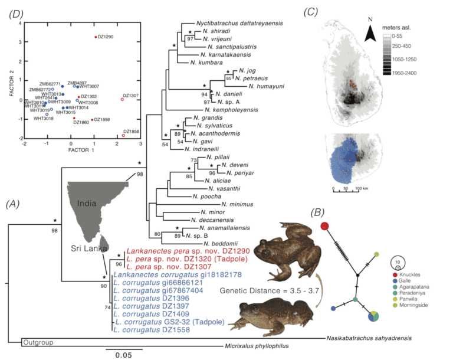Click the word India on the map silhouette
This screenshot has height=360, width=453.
[x=87, y=202]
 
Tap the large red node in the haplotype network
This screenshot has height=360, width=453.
[x=324, y=227]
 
